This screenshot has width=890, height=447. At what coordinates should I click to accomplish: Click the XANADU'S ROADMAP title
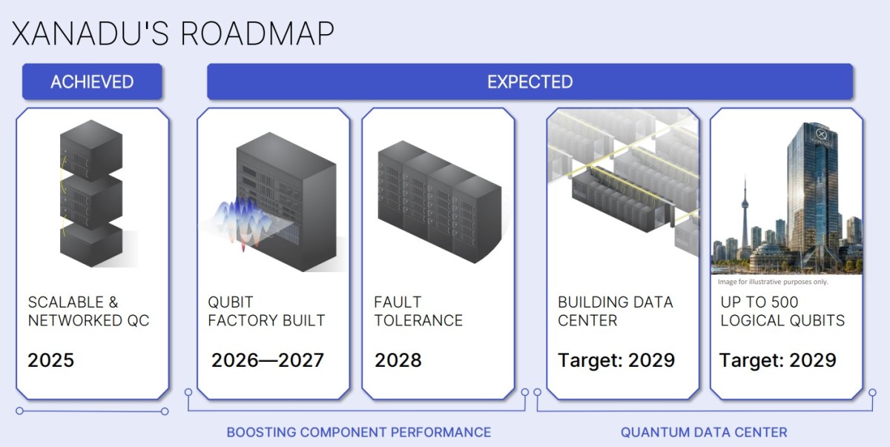[173, 34]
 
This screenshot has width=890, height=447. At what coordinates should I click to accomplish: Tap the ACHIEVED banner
[92, 82]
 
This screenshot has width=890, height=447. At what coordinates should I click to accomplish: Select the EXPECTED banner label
[530, 82]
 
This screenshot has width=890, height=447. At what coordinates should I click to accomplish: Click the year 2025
[51, 360]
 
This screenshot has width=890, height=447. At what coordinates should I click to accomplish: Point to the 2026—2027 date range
[268, 360]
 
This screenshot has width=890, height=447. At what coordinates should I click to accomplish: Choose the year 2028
[398, 360]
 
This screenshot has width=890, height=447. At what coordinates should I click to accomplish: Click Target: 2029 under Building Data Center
[616, 360]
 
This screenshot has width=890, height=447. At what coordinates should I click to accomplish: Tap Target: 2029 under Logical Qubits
[777, 360]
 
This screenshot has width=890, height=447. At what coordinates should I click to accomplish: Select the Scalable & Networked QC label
[88, 311]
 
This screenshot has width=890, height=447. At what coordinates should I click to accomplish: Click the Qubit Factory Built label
[266, 311]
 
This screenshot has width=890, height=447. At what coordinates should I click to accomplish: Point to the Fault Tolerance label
[418, 311]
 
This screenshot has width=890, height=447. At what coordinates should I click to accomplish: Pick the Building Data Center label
[616, 311]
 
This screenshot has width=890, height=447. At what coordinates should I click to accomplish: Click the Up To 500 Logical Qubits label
[782, 311]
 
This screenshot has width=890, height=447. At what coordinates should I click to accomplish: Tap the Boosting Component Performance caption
[359, 432]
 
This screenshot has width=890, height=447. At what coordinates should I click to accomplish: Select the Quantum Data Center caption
[704, 432]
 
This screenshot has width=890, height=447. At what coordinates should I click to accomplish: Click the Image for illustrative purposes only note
[773, 282]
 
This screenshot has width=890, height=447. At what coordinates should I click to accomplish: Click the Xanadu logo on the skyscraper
[821, 136]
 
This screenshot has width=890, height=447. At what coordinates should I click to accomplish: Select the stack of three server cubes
[91, 193]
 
